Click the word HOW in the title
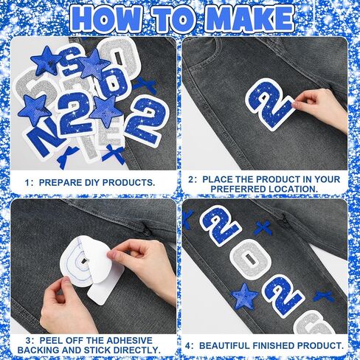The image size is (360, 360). point(106,19)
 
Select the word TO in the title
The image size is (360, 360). point(173,19)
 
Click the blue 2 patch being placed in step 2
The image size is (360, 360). point(270,105)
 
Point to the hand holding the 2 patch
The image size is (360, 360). point(319,108)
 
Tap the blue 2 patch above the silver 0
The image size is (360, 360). point(220,226)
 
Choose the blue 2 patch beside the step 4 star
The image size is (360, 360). point(283,296)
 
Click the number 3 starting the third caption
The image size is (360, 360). point(28,341)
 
